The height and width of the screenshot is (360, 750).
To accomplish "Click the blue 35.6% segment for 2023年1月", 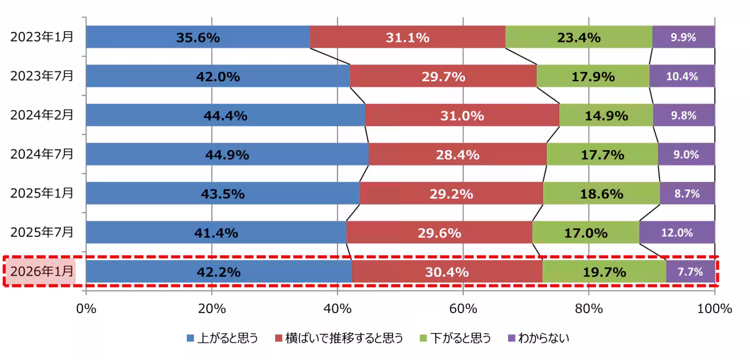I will (x=197, y=37).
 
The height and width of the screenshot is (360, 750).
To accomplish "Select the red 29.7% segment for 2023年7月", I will (x=443, y=76).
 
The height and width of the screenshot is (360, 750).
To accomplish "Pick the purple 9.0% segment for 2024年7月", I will (x=686, y=154).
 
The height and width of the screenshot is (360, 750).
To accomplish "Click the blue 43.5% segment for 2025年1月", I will (x=222, y=194).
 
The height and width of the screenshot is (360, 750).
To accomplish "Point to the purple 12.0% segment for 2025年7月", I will (x=677, y=232).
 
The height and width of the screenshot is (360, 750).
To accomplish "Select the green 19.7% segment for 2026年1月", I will (x=604, y=272).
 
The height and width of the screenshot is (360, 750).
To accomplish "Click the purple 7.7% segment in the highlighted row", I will (x=690, y=272).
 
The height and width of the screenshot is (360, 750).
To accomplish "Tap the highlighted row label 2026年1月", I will (x=41, y=272).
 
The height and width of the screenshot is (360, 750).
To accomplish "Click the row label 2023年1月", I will (x=41, y=37).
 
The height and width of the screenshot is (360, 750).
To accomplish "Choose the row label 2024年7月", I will (x=41, y=154).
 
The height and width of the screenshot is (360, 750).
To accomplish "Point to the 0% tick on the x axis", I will (x=86, y=309).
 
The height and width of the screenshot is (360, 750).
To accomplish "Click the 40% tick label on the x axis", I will (x=337, y=309).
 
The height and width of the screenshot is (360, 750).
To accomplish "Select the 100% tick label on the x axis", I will (x=714, y=309).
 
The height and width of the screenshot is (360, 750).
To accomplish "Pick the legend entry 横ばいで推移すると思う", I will (x=337, y=338).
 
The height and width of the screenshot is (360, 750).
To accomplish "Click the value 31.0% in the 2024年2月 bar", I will (x=462, y=116).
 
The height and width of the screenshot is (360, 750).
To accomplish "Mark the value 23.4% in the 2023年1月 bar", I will (x=578, y=37).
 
